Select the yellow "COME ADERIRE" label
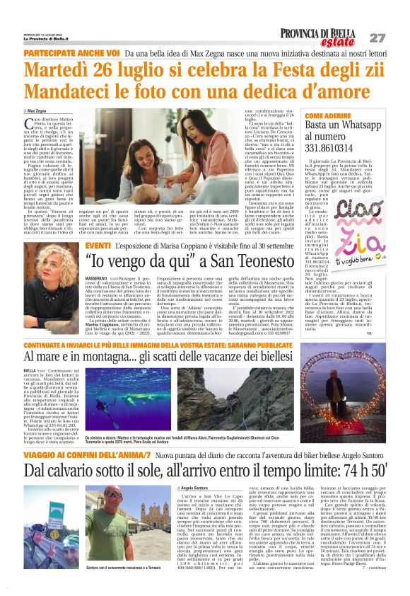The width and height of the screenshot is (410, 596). click(x=329, y=115)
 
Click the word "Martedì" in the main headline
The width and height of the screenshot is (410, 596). click(x=58, y=71)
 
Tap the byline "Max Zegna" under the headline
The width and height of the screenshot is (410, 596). click(x=40, y=112)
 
